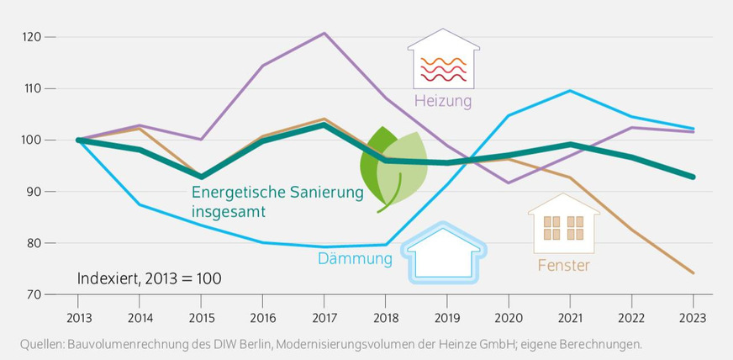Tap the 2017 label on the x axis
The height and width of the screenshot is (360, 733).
pos(324,318)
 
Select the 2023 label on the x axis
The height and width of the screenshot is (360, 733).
pos(693,318)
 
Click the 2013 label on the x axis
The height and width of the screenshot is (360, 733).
pos(78,318)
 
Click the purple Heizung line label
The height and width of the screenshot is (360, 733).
pos(443,102)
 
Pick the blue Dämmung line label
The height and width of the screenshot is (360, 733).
pos(355,259)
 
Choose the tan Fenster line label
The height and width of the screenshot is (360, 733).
pos(563,266)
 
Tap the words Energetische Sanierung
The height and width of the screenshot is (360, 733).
pos(277,193)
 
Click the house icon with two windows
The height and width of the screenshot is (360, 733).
pos(563,225)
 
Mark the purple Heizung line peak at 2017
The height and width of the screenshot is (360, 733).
pos(324,34)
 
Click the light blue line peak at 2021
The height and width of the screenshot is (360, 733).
pos(570,91)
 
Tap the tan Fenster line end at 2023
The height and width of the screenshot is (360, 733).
pos(693,273)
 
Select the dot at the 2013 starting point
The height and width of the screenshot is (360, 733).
pos(79,140)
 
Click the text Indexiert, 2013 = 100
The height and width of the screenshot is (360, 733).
pos(149,278)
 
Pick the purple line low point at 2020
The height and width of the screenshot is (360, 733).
pos(509,183)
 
